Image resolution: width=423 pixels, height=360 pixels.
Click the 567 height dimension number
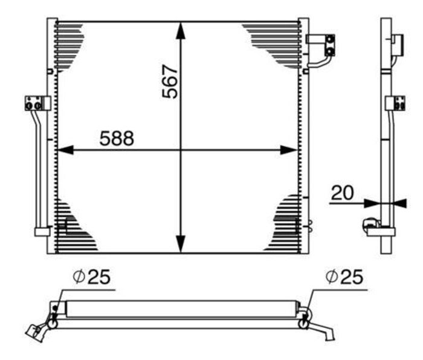tap(170, 81)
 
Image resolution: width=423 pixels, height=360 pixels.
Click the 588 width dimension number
tap(117, 138)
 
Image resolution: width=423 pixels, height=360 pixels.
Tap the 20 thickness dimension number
tap(342, 193)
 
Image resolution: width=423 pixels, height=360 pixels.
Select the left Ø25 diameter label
tap(91, 277)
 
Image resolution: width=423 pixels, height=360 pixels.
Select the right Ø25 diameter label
tap(344, 277)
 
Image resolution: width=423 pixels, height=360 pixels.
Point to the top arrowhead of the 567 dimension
tap(181, 30)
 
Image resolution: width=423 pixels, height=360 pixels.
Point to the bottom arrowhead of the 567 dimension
tap(181, 244)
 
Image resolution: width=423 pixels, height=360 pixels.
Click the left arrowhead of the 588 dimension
tap(65, 150)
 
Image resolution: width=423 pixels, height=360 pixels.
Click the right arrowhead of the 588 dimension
tap(289, 150)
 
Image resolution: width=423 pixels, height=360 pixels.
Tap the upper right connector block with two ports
tap(330, 45)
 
